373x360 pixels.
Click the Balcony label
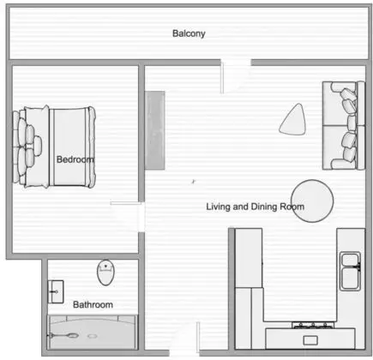pos(189,33)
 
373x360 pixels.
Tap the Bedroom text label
pos(75,159)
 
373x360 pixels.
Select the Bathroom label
pos(93,304)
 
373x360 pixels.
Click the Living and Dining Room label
pos(255,207)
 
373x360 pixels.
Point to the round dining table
pos(312,201)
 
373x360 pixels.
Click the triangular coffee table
pos(294,120)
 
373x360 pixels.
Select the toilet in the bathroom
pos(105,273)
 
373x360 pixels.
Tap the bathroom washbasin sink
pos(56,291)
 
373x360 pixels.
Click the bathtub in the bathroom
pos(93,332)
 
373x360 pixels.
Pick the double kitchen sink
pos(350,271)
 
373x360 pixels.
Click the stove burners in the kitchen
pos(313,325)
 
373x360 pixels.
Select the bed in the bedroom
pos(54,147)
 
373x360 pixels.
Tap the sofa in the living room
pos(344,126)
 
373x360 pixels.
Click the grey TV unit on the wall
pos(155,130)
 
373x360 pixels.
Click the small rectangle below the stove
pos(310,340)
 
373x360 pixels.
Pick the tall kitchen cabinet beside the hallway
pos(249,258)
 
